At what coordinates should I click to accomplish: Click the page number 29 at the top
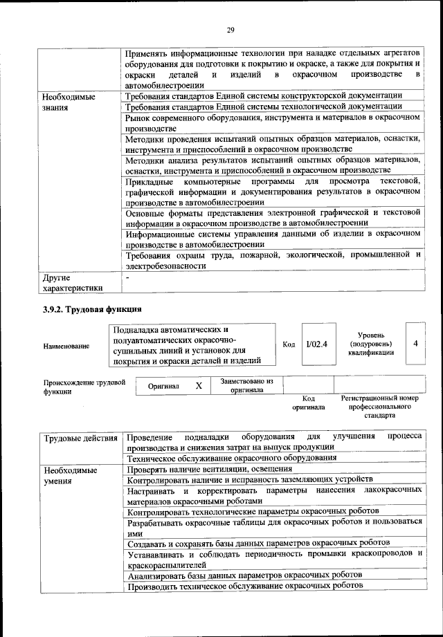point(230,29)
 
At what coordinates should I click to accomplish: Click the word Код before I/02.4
point(289,344)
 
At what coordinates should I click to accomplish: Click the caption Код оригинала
point(308,403)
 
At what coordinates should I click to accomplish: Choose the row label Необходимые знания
point(69,102)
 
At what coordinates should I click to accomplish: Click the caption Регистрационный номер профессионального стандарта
point(380,407)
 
